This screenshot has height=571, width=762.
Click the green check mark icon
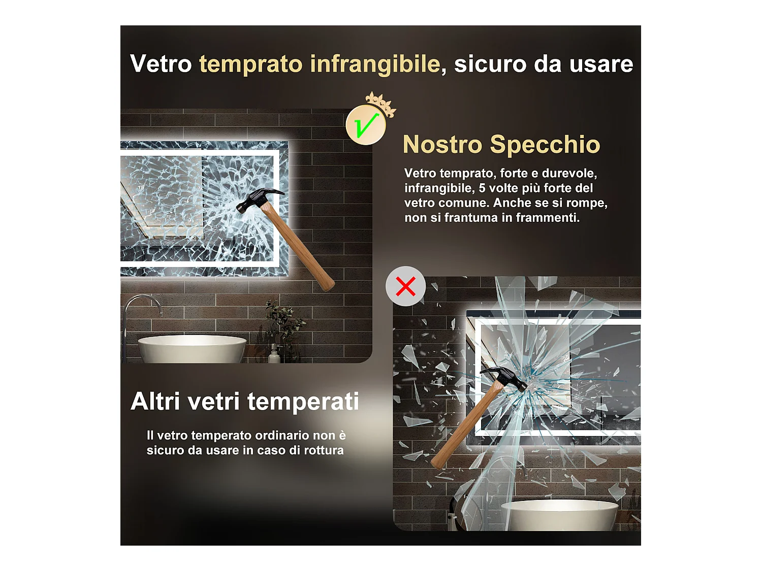tap(366, 125)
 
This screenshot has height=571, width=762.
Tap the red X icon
tap(405, 286)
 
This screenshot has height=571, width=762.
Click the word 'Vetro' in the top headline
tap(161, 64)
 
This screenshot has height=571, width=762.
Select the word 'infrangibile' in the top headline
tap(375, 64)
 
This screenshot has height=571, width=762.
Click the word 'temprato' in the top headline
tap(250, 64)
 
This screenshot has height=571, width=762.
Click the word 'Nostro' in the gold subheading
tap(442, 145)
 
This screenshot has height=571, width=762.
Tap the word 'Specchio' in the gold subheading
tap(545, 145)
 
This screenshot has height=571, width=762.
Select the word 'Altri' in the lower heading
tap(155, 401)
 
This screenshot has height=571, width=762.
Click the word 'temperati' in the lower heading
tap(303, 402)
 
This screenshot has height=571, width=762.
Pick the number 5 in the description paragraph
tap(482, 188)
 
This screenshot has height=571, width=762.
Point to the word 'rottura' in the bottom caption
tap(324, 450)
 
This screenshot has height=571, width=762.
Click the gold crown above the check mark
tap(380, 103)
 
